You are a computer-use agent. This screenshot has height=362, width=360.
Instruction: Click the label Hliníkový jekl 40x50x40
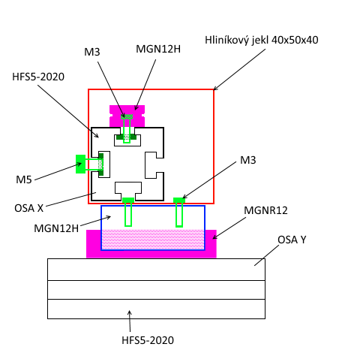click(262, 40)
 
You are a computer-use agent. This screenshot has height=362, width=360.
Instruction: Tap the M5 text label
click(24, 179)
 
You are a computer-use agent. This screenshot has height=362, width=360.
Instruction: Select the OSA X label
click(29, 208)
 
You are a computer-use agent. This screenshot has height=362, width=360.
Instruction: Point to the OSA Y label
click(292, 240)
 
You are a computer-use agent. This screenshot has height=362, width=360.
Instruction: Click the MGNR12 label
click(265, 210)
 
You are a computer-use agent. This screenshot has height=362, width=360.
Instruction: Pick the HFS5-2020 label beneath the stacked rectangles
click(148, 340)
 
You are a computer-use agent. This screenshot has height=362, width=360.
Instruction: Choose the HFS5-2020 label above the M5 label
click(38, 77)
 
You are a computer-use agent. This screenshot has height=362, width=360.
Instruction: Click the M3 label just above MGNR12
click(248, 160)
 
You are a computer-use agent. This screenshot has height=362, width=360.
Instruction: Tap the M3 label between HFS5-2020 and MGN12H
click(92, 52)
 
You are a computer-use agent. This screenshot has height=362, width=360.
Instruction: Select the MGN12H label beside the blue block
click(56, 228)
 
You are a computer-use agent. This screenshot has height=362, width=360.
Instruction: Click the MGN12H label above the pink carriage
click(158, 49)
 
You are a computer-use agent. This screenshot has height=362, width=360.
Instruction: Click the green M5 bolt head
click(81, 164)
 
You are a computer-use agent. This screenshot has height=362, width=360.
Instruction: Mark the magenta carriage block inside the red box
click(127, 116)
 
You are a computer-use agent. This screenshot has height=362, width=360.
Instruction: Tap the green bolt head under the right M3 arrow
click(179, 201)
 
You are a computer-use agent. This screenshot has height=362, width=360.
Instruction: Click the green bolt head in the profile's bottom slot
click(128, 201)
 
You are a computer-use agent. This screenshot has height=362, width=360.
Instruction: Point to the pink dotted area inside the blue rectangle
click(153, 240)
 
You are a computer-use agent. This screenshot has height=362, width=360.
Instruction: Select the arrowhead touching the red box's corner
click(215, 88)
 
